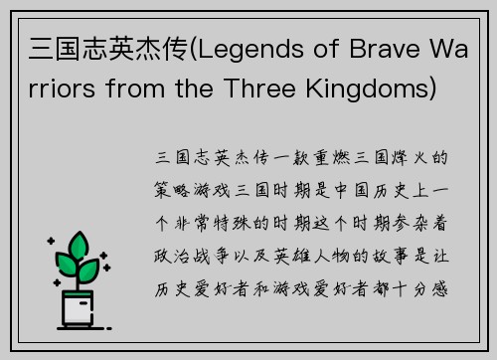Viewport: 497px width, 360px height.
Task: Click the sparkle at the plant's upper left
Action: click(51, 242)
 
